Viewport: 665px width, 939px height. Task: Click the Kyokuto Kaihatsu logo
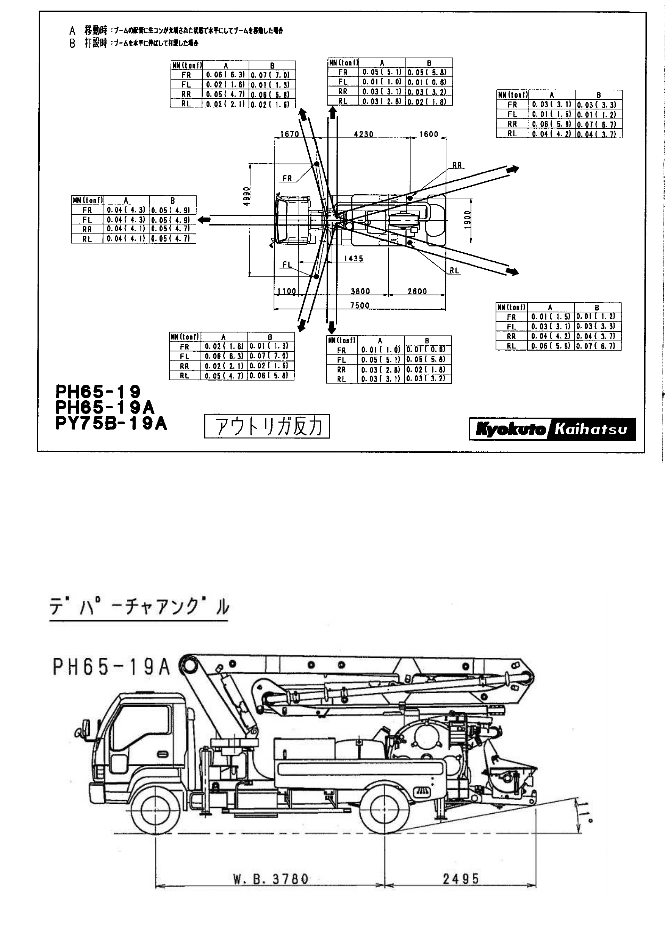click(552, 429)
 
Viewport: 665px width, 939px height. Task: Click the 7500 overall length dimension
click(360, 305)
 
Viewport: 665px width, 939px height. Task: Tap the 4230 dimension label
click(363, 134)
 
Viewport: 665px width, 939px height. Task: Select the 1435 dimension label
click(354, 259)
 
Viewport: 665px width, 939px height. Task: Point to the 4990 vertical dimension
click(246, 197)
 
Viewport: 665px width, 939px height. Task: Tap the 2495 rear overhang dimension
click(460, 878)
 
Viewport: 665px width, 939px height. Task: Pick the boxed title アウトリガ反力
click(267, 426)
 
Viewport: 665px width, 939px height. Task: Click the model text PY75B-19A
click(111, 423)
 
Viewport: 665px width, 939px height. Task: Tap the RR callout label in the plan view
click(457, 165)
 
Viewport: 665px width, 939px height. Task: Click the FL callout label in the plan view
click(288, 265)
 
